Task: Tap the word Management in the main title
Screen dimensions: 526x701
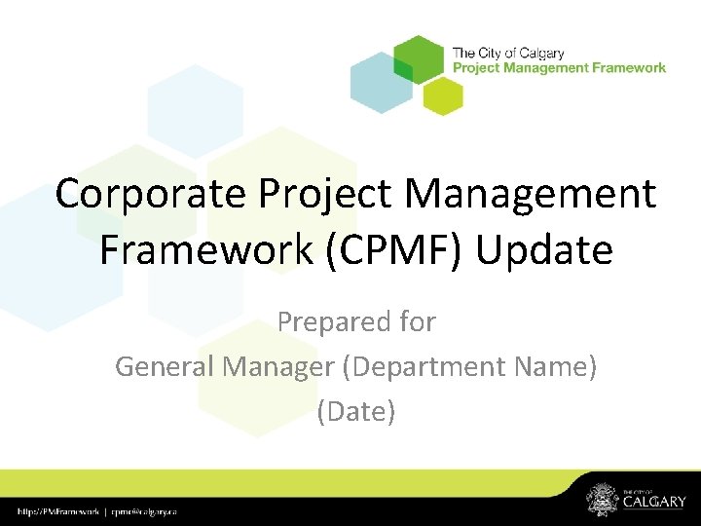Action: (523, 194)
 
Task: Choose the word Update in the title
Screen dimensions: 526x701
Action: (546, 250)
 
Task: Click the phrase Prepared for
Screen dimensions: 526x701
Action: (356, 321)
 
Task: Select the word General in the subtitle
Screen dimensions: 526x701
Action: (166, 366)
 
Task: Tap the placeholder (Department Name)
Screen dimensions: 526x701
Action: (471, 366)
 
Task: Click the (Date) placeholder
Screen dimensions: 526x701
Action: (356, 411)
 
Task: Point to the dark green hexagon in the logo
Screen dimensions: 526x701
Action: (419, 59)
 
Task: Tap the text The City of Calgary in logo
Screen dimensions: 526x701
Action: (508, 53)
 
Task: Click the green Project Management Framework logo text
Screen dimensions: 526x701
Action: (559, 67)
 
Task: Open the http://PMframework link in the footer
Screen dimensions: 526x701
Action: (59, 511)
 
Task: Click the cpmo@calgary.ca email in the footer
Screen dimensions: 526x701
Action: (145, 511)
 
